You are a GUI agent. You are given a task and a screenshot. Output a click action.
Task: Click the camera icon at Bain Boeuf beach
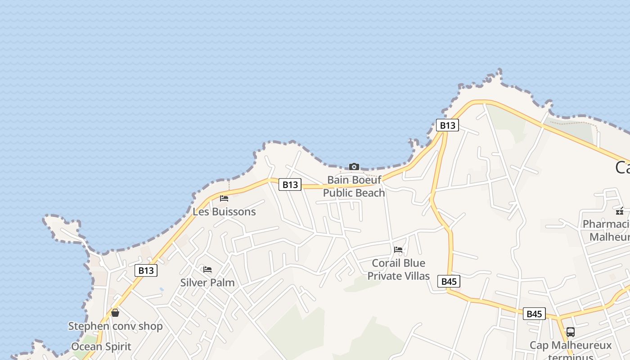click(x=354, y=167)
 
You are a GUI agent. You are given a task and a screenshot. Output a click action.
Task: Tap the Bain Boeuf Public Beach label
click(x=354, y=186)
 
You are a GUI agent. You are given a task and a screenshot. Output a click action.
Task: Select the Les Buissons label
click(x=224, y=211)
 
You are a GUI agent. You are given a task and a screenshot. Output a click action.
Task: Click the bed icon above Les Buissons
click(x=224, y=198)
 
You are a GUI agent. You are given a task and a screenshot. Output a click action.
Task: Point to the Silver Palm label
click(x=207, y=283)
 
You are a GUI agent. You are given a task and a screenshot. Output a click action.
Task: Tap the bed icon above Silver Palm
click(x=207, y=270)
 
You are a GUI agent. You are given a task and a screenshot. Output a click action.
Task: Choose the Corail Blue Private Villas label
click(x=398, y=269)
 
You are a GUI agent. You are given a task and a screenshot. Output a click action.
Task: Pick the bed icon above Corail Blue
click(x=398, y=249)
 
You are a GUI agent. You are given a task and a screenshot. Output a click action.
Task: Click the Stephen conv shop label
click(x=115, y=326)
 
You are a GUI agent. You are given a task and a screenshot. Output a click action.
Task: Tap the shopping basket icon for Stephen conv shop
click(x=115, y=313)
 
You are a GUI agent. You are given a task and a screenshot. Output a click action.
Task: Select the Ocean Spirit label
click(x=101, y=346)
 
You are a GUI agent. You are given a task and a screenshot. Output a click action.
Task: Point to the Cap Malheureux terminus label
click(x=571, y=349)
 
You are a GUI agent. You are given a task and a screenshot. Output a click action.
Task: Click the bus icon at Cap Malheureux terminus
click(x=571, y=332)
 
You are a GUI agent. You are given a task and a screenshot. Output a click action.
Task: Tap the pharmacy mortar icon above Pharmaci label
click(x=620, y=211)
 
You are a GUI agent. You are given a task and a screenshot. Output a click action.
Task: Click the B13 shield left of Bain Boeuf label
click(x=290, y=184)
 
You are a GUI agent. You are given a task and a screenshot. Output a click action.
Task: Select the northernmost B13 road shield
click(x=447, y=126)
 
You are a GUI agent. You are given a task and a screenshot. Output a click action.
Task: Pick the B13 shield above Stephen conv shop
click(x=146, y=270)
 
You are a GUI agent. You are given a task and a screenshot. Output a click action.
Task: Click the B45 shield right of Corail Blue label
click(x=449, y=282)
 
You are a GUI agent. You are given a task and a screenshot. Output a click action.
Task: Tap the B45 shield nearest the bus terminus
click(x=534, y=314)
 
